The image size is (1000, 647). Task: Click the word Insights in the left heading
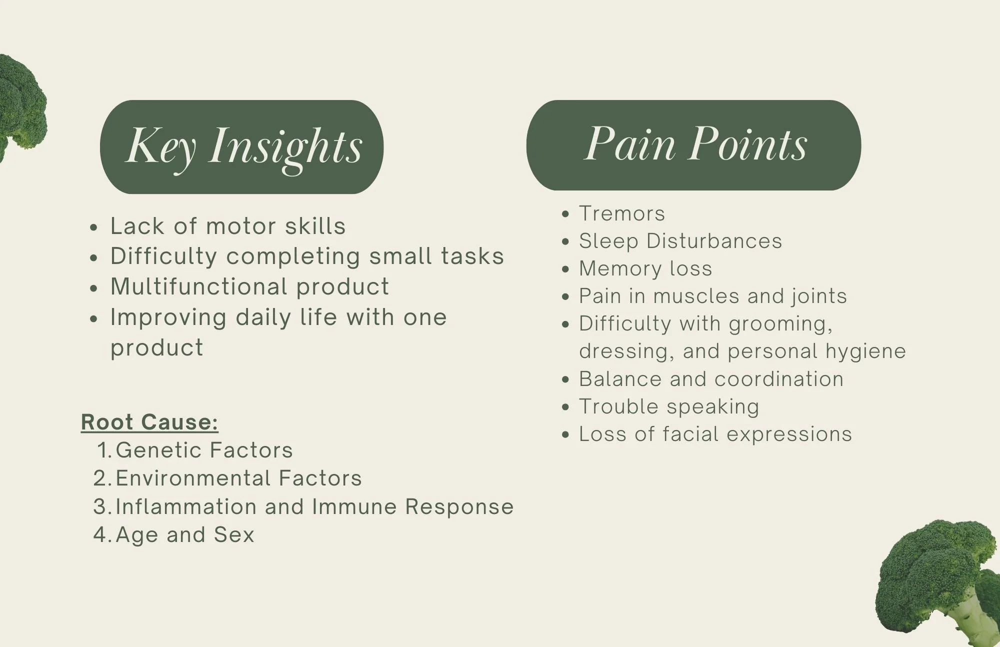[285, 147]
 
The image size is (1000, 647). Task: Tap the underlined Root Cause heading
[149, 422]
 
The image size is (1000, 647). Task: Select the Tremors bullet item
[621, 214]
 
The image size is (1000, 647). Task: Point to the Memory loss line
[645, 269]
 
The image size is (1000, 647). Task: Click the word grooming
[780, 324]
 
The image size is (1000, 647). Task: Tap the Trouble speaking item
[668, 407]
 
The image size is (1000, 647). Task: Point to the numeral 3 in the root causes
[100, 507]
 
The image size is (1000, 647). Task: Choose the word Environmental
[193, 478]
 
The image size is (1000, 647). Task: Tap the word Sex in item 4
[234, 535]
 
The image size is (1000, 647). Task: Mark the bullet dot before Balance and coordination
[565, 380]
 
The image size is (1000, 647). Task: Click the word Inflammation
[186, 507]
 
